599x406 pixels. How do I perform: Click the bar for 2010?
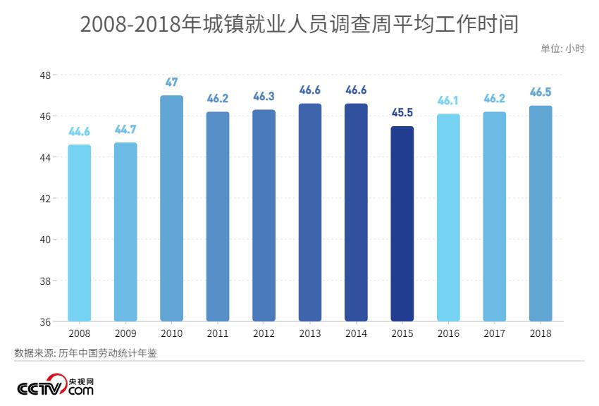tap(172, 209)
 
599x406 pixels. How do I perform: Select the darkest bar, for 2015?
tap(402, 224)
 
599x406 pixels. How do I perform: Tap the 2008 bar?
tap(80, 233)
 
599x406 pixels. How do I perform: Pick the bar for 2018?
tap(541, 214)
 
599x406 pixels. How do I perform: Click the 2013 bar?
tap(310, 213)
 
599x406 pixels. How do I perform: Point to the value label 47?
tap(172, 82)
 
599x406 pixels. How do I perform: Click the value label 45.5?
tap(402, 113)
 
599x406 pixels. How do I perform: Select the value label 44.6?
tap(80, 132)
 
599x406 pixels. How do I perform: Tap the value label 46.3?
tap(264, 97)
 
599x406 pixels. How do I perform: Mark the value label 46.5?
tap(541, 92)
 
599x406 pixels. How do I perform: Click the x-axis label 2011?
tap(218, 333)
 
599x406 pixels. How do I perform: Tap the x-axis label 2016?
tap(448, 333)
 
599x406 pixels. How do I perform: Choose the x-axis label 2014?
tap(356, 333)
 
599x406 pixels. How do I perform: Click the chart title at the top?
tap(299, 24)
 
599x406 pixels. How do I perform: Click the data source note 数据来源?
tap(85, 352)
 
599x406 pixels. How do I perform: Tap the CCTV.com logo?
tap(55, 387)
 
